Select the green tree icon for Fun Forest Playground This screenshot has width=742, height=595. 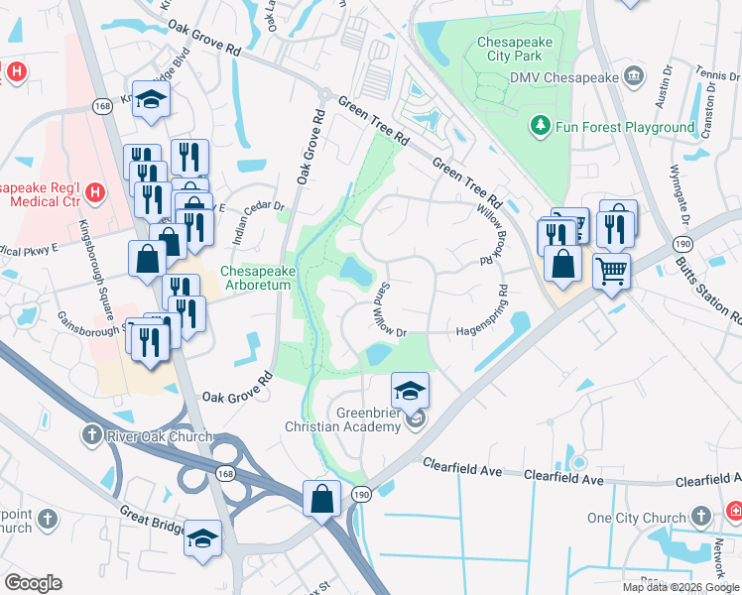pos(541,126)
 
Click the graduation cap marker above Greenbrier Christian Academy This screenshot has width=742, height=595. pos(410,389)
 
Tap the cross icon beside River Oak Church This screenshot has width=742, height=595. pos(90,436)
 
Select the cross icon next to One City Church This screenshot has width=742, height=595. pos(701,517)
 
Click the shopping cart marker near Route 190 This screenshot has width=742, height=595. pos(611,269)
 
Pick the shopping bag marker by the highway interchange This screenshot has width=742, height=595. pos(322,498)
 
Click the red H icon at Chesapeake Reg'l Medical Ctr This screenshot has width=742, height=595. pos(95,190)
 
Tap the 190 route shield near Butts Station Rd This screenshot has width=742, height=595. pos(682,244)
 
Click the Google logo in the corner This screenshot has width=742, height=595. pos(33,583)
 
